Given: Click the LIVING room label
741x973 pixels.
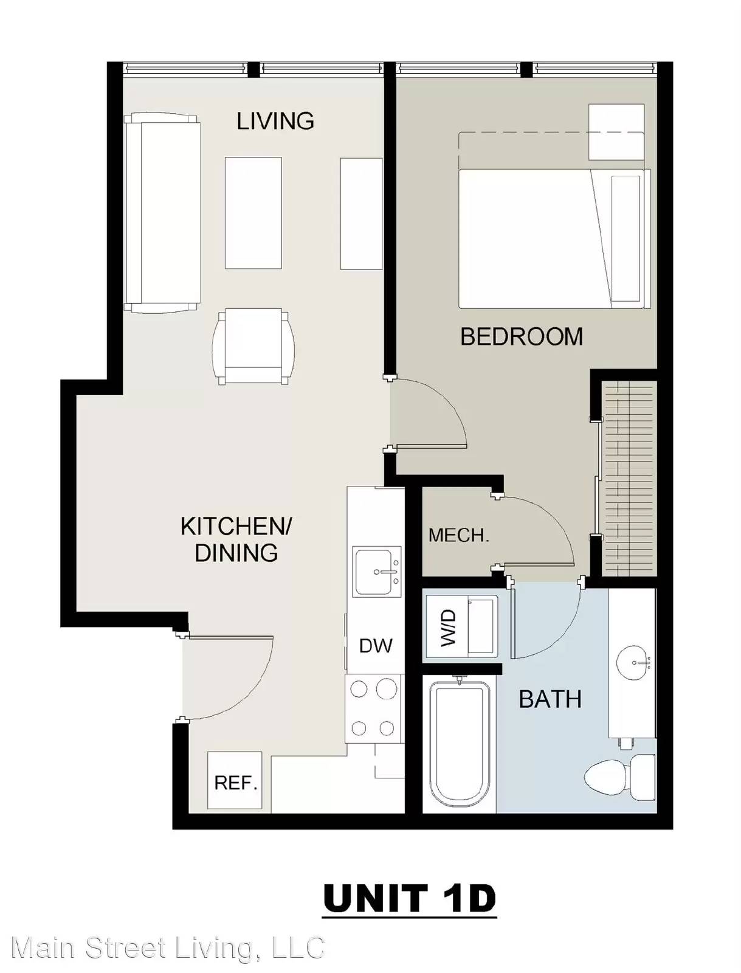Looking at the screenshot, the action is (275, 121).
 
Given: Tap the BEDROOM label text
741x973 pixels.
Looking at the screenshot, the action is (522, 336).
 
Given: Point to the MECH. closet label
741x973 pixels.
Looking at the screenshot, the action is (458, 536).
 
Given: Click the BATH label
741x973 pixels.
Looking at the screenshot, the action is (550, 699).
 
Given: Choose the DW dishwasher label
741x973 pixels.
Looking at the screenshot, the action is (376, 646).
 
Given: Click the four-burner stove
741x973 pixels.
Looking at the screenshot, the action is (373, 709).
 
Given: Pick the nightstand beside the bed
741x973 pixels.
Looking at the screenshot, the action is (616, 132).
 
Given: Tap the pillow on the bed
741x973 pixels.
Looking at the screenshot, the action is (626, 238).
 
